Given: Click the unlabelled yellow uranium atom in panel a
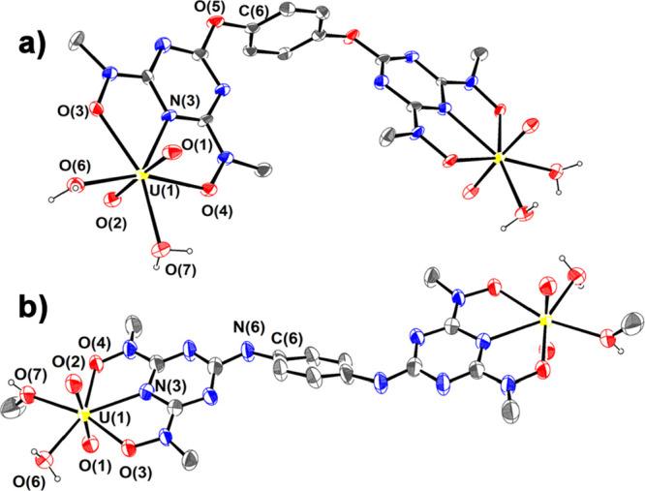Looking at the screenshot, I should click(498, 156).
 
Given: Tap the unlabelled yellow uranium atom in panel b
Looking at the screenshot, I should click(544, 318).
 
